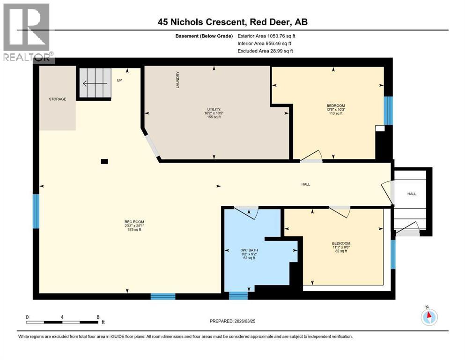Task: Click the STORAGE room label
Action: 58,99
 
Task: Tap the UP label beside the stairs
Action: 119,80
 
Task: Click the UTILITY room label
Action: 214,113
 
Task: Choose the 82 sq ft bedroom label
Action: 340,247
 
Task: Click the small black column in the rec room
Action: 104,162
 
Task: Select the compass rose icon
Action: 428,317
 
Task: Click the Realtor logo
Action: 28,33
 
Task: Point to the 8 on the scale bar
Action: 97,317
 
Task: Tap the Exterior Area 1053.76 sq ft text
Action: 266,36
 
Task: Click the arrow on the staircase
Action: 91,84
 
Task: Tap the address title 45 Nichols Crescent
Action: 232,22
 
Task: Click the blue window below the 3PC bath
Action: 238,295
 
